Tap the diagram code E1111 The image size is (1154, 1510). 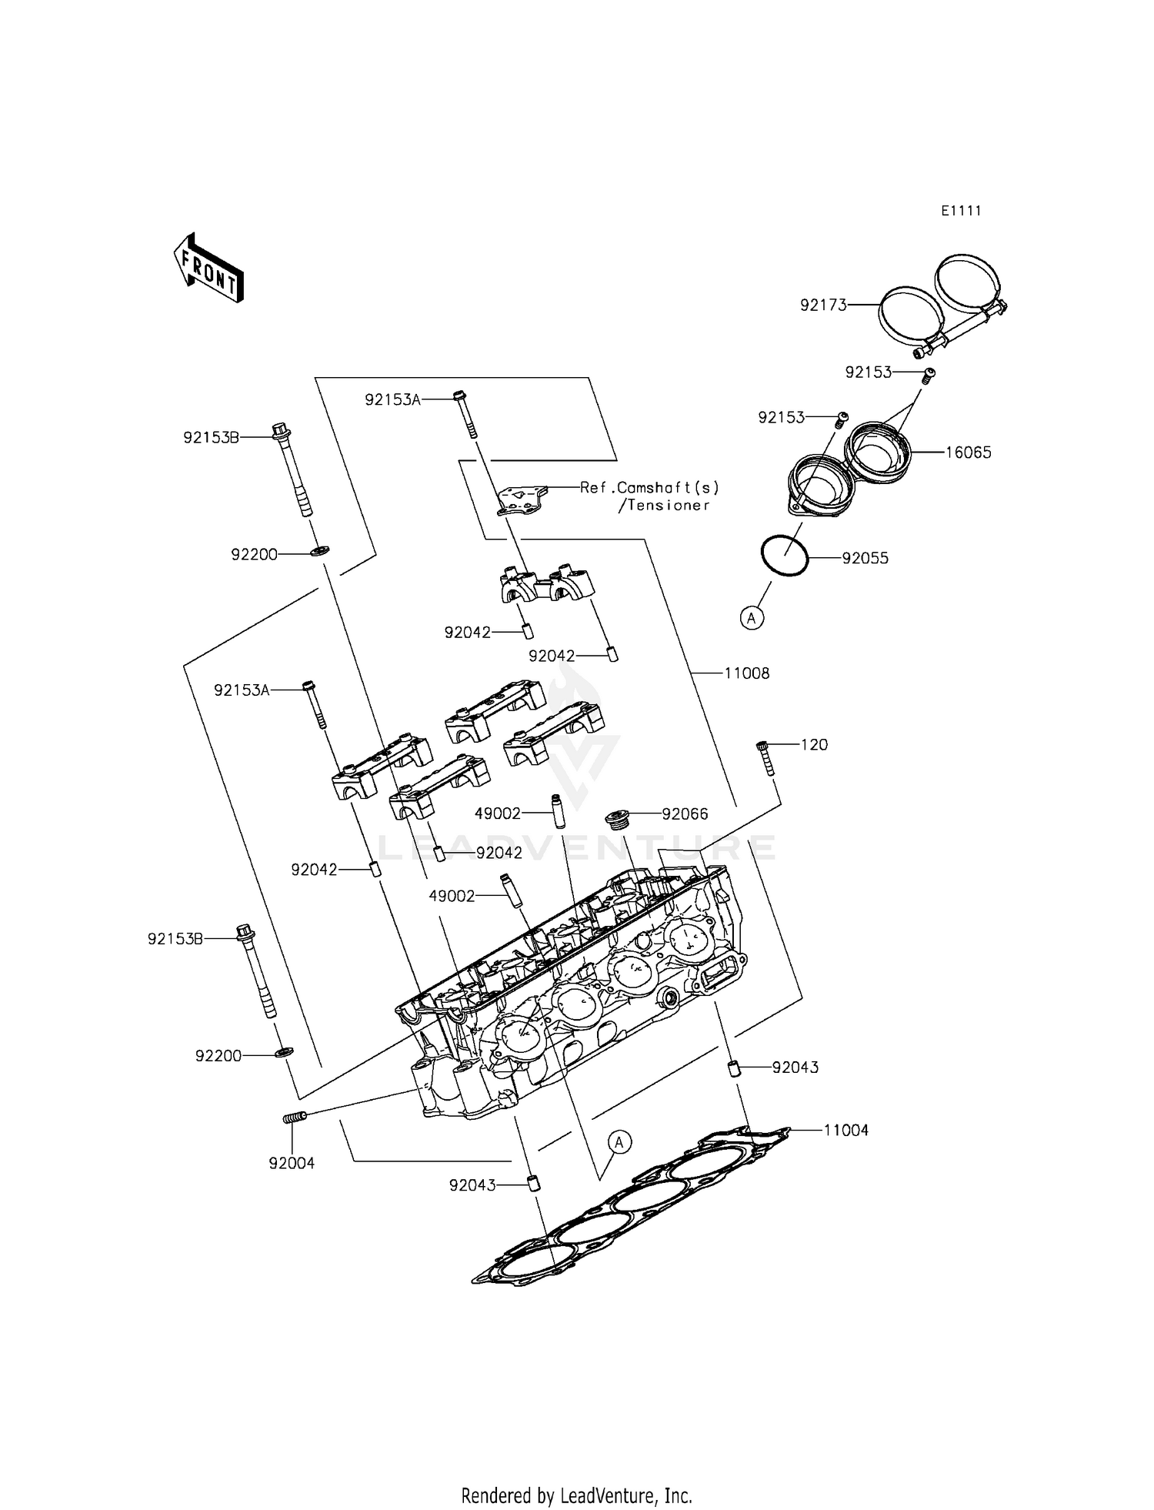coord(961,211)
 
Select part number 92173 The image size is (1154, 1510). coord(822,305)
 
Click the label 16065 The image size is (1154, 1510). coord(968,453)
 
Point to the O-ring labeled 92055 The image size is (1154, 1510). coord(784,554)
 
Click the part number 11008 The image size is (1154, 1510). coord(746,673)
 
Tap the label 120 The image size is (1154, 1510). coord(814,745)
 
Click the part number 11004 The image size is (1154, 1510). coord(845,1131)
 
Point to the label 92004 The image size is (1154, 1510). coord(292,1164)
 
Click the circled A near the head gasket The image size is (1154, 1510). coord(619,1143)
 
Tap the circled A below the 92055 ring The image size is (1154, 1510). coord(752,617)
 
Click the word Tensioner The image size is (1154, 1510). coord(668,506)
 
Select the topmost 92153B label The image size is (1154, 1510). coord(211,437)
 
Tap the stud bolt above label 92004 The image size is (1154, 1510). coord(294,1117)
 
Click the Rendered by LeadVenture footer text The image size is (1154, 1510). coord(576,1495)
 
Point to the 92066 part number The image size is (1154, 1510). coord(685,814)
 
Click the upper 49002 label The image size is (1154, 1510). coord(498,813)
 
